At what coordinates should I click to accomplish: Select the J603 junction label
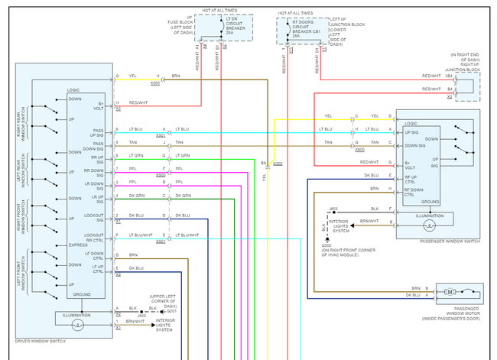pyautogui.click(x=333, y=208)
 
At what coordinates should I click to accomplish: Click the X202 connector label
pyautogui.click(x=277, y=163)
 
